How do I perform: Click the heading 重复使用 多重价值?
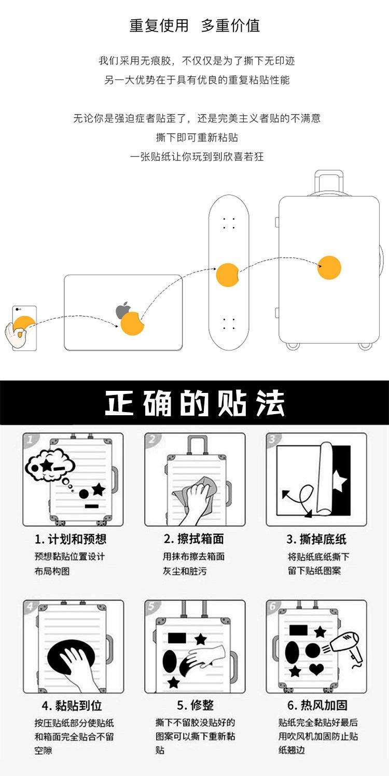pos(195,26)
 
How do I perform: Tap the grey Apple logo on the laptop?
pos(123,311)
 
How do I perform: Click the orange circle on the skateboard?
pos(227,275)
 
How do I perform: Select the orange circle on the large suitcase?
pos(329,267)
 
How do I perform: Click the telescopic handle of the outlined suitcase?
pos(329,182)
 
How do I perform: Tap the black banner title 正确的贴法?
pos(195,403)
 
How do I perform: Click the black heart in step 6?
pos(316,669)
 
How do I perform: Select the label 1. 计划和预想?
pos(71,539)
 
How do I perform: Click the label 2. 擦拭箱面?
pos(194,539)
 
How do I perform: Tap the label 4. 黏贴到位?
pos(72,706)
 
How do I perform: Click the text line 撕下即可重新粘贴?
pos(197,137)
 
